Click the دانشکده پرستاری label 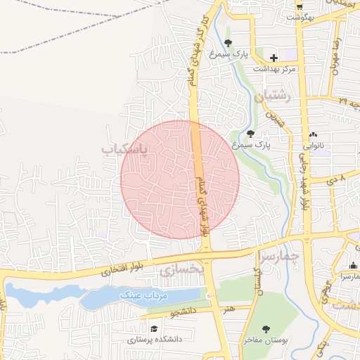coord(154,339)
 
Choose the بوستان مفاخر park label coord(263,340)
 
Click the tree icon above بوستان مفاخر coord(265,329)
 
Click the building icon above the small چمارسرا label coord(352,266)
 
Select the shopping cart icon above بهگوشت coord(299,4)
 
